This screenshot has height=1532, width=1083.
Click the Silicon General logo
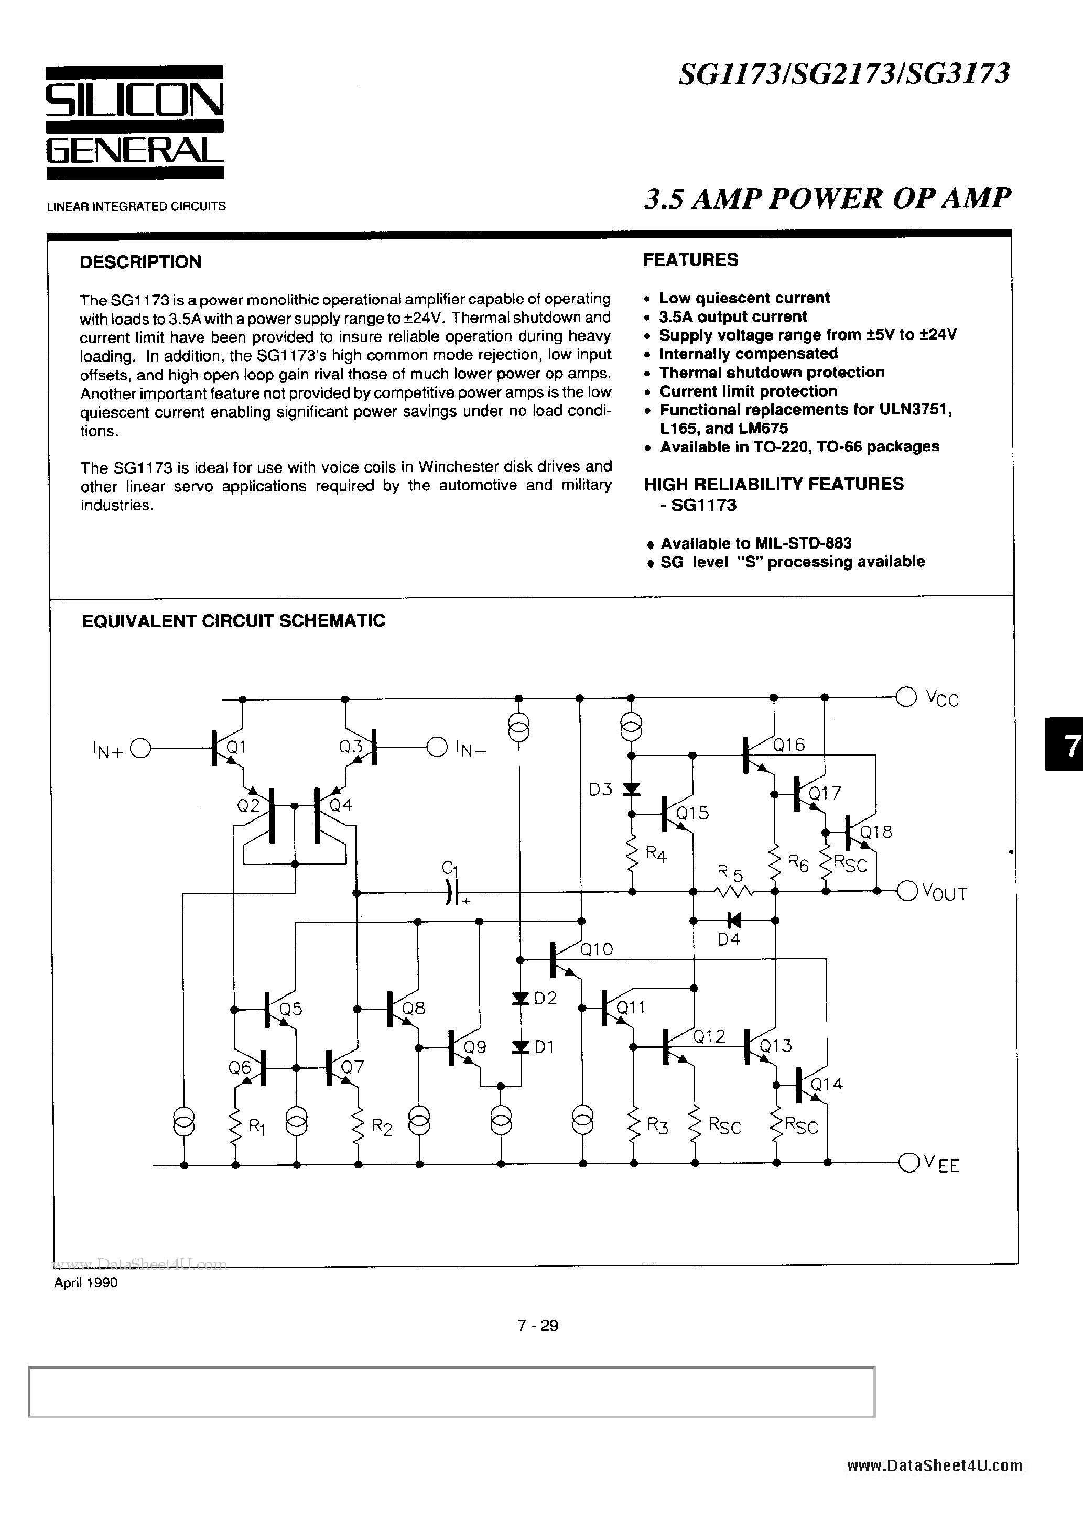click(135, 123)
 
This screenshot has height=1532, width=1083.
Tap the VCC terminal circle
click(906, 697)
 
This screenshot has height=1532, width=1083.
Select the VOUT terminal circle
click(907, 891)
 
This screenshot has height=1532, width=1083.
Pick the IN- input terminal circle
click(437, 747)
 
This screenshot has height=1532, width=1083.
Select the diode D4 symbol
click(734, 921)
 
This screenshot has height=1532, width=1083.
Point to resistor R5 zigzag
click(734, 891)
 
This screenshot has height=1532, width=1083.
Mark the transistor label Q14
click(827, 1084)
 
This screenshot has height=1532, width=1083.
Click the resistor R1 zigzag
click(235, 1126)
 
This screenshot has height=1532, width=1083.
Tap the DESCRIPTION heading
click(140, 261)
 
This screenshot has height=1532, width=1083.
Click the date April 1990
click(85, 1283)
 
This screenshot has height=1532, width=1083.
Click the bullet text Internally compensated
click(748, 354)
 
